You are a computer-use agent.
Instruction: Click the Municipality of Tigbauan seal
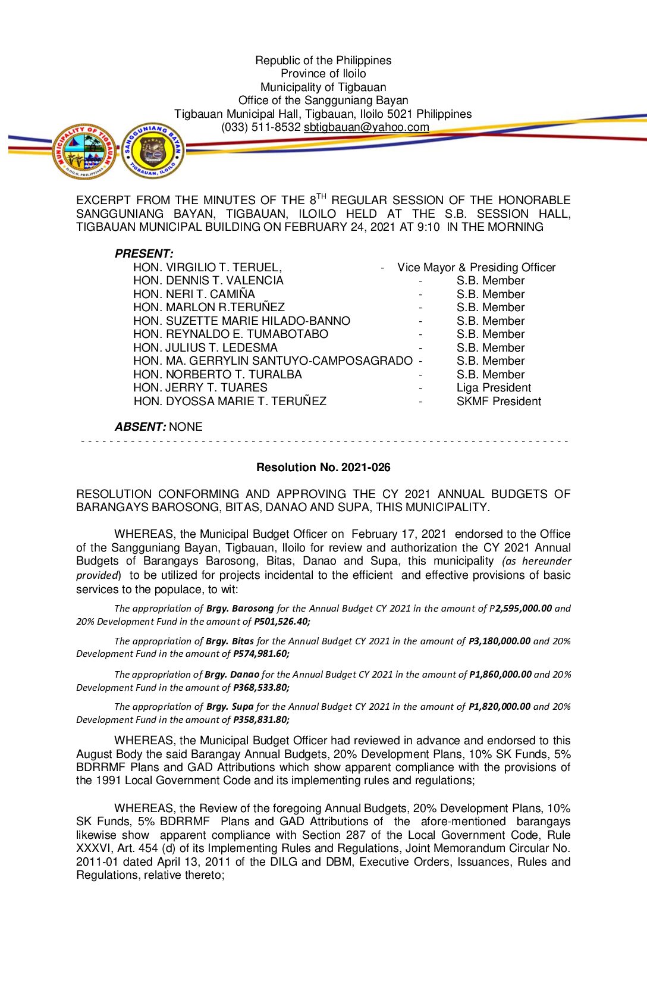84,151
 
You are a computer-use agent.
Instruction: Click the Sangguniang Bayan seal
153,151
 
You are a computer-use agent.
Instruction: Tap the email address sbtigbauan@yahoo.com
366,127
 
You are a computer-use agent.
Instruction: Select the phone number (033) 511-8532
260,127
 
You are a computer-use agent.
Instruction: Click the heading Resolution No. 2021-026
323,468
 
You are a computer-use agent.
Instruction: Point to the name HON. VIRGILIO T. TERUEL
207,268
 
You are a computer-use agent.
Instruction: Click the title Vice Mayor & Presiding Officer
476,268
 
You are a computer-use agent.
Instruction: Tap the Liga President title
494,388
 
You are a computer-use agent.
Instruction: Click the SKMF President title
498,402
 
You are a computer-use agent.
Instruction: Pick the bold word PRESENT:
144,254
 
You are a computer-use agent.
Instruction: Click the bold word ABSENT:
140,427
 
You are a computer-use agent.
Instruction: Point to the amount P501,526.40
282,622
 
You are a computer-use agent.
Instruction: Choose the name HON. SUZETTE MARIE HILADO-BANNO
241,321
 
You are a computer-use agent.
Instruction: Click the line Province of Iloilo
323,74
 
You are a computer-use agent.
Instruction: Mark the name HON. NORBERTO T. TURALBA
218,375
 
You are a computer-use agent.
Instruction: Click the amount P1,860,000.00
500,675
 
